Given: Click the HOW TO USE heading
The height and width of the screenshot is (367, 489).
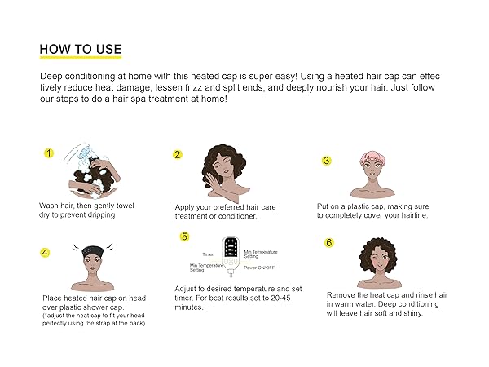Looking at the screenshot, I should tap(80, 48).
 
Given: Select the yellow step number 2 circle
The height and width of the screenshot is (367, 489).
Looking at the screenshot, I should tap(177, 154).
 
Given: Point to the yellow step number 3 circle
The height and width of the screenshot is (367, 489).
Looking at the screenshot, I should tap(327, 161).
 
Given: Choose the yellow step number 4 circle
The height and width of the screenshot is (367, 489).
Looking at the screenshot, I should tap(46, 252).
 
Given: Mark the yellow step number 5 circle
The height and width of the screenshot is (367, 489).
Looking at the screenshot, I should tap(185, 237).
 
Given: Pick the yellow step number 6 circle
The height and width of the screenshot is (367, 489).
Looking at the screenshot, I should tap(329, 242).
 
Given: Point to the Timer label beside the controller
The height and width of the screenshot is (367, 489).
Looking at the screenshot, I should tap(209, 254).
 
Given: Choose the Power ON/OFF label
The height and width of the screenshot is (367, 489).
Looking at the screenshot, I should tap(261, 268).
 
